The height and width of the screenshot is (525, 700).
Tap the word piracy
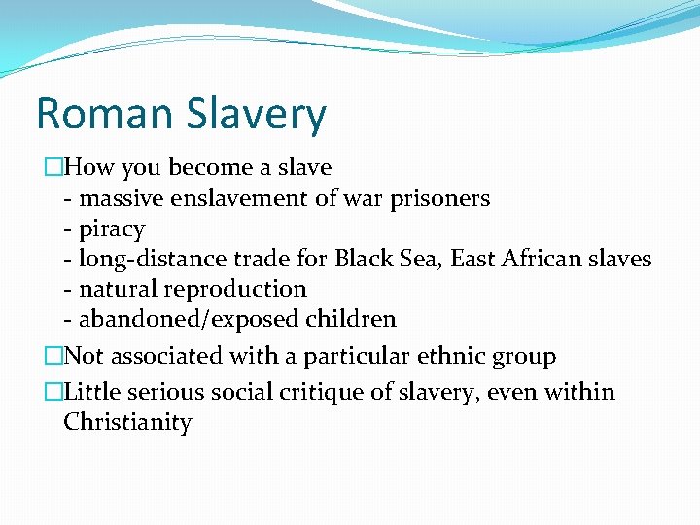click(112, 229)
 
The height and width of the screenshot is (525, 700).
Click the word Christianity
click(127, 423)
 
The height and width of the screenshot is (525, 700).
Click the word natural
click(117, 289)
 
